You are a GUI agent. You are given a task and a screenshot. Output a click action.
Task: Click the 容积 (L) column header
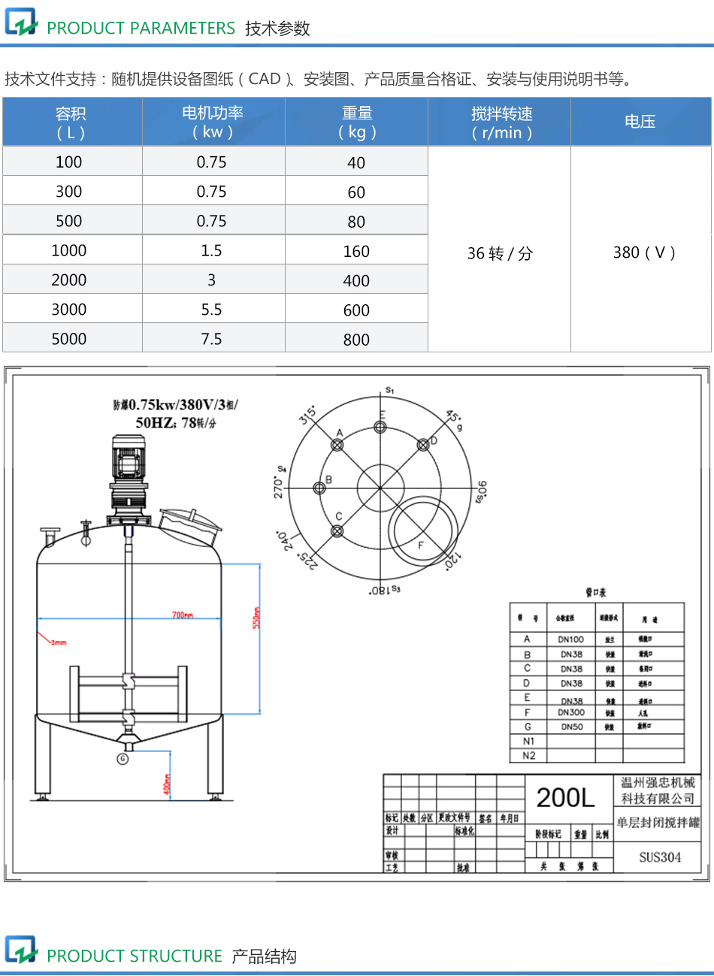[71, 122]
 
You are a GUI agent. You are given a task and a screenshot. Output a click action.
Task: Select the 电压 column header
[640, 122]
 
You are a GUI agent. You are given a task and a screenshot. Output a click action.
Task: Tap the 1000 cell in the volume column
[69, 250]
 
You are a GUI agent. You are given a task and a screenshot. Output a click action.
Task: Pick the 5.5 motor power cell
[211, 310]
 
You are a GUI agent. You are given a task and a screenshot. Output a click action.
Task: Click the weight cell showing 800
[356, 340]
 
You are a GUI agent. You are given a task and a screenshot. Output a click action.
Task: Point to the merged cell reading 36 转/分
[500, 253]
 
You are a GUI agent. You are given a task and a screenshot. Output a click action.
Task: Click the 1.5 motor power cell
[211, 250]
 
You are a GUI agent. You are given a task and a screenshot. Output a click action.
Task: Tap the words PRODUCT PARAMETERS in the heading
[141, 29]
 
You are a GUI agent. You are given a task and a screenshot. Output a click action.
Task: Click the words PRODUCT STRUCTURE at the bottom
[135, 956]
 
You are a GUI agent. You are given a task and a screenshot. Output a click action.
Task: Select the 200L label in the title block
[565, 798]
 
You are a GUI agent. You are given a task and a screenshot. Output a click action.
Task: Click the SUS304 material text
[660, 857]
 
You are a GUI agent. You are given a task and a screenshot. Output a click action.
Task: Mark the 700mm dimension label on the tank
[183, 615]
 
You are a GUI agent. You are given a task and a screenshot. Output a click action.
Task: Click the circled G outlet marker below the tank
[123, 759]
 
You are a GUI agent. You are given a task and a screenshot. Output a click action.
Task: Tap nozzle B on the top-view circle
[319, 488]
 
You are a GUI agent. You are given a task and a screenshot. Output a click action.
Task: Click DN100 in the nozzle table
[571, 639]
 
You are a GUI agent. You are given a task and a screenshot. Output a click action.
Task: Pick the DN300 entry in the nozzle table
[571, 712]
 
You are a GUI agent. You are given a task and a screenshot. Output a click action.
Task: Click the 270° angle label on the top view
[279, 487]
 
